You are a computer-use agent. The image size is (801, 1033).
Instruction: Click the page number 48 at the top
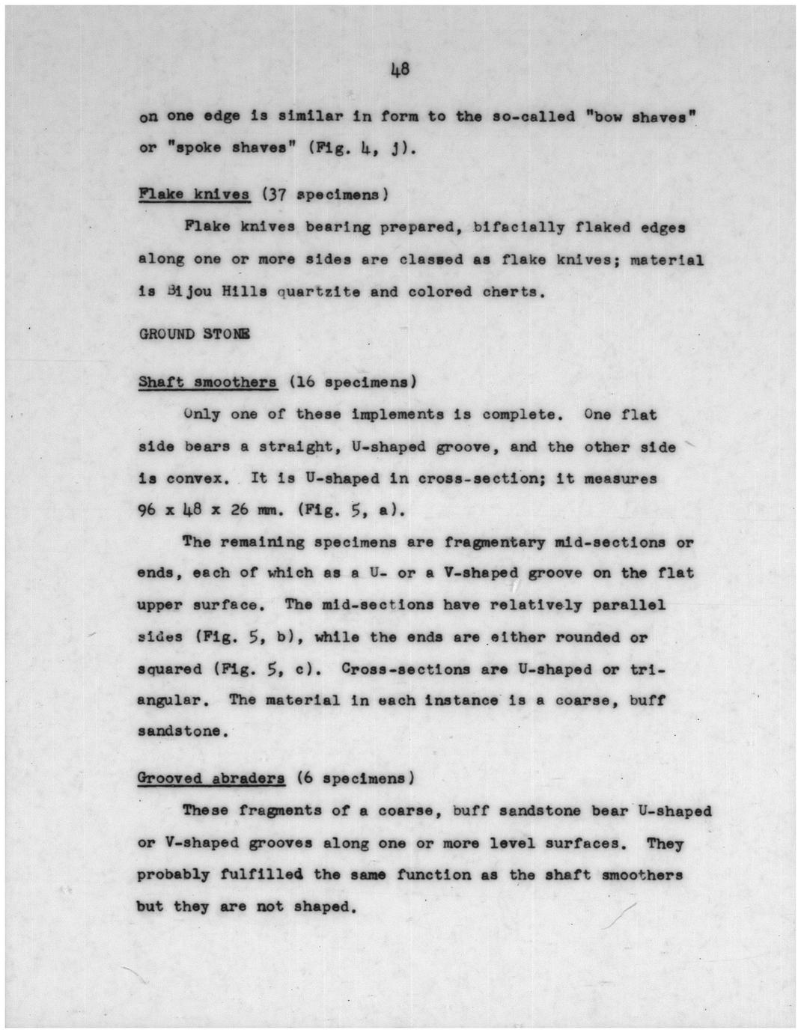400,70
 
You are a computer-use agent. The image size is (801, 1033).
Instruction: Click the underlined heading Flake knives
194,195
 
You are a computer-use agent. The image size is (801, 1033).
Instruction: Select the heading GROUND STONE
195,334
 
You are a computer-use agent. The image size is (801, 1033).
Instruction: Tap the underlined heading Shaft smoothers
207,383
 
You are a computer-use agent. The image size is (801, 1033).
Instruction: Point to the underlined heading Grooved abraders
211,778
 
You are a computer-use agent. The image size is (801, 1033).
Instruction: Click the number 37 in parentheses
276,195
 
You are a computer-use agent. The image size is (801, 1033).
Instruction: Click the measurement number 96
147,511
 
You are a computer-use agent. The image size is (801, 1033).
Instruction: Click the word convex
199,479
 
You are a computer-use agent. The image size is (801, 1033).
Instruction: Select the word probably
174,875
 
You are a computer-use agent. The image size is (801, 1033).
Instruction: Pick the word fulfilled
262,875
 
